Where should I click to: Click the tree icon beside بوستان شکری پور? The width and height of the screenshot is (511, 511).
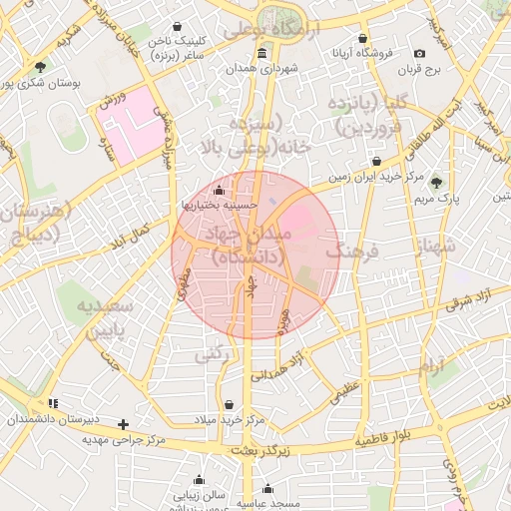(40, 68)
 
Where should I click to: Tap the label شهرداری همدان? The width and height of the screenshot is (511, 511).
(262, 68)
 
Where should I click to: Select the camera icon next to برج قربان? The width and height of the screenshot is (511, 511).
(419, 53)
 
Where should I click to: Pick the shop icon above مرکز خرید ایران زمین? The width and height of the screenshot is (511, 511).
(376, 161)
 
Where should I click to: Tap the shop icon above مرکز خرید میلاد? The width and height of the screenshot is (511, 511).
(232, 405)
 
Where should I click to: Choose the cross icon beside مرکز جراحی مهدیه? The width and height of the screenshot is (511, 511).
(123, 424)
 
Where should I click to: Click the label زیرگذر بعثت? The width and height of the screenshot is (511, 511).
(259, 451)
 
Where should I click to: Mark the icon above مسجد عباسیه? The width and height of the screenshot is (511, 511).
(267, 489)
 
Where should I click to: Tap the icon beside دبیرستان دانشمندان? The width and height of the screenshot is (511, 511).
(53, 403)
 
